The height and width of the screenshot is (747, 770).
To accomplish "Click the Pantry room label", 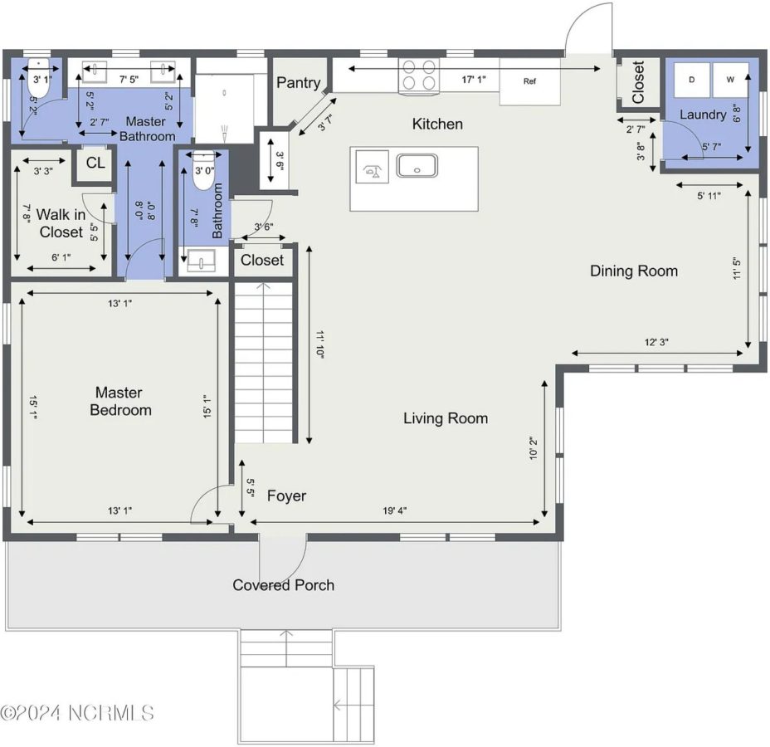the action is point(298,82).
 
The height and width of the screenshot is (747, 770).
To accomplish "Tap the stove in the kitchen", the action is point(418,75).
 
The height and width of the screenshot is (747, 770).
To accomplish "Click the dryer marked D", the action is point(690,81).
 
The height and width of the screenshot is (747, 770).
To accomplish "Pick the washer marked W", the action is point(729,81).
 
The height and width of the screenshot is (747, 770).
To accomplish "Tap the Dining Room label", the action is point(633,271).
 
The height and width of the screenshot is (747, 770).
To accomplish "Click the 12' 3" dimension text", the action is point(656,342).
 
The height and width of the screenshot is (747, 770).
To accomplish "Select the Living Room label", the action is point(446,418).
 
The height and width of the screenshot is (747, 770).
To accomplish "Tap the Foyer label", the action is point(286,496).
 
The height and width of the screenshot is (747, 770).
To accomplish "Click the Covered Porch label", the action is point(283,585).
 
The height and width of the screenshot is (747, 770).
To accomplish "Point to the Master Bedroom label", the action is point(121,401).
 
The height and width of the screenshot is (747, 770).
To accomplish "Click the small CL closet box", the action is point(95,163).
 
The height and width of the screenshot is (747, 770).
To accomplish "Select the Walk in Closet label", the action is point(61,223).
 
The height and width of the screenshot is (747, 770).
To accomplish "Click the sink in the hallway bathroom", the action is point(200,263).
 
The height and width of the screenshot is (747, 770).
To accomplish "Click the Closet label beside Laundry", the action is point(638,83).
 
